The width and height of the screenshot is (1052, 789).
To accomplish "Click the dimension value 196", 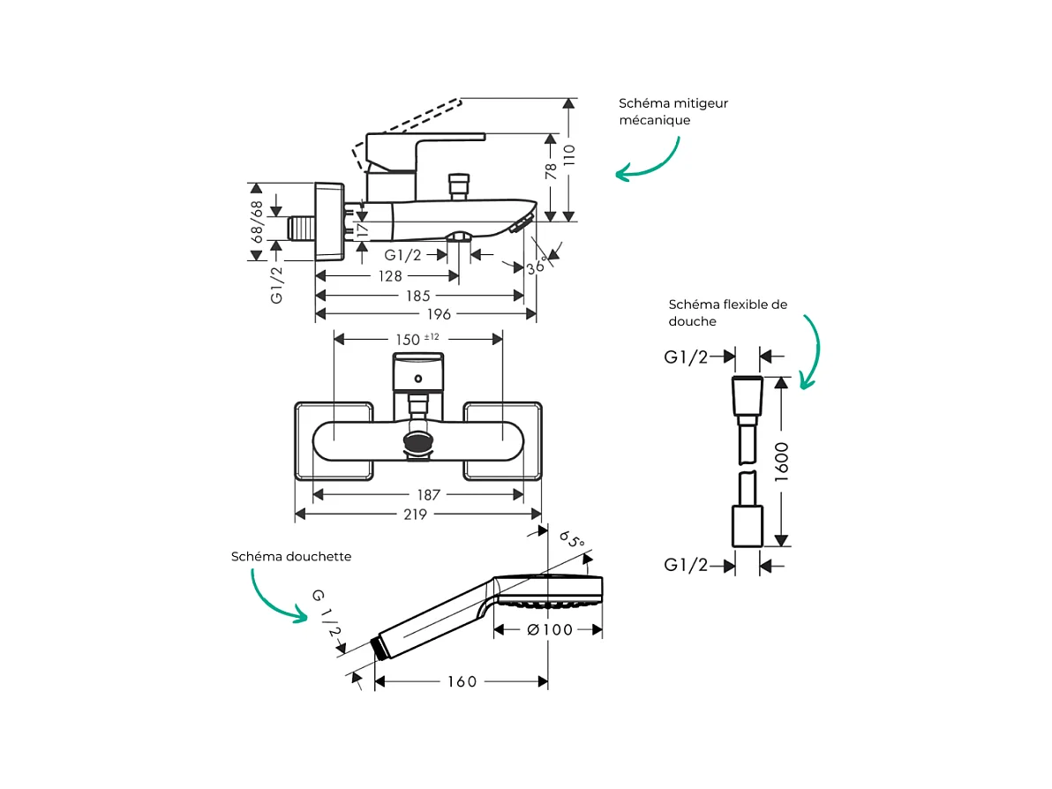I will coord(439,314).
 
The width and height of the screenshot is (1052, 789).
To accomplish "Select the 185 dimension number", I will coord(417,296).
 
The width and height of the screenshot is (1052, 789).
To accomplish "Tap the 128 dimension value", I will coord(390,276).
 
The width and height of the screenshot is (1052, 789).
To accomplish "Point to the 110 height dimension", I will coord(569,157).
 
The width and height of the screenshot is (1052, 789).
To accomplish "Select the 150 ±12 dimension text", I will coord(417,339).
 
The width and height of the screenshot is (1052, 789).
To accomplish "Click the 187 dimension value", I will coord(428,496).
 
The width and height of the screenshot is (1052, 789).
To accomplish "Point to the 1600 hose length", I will coord(780,461).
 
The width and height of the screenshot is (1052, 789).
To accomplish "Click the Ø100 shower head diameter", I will coord(549,629).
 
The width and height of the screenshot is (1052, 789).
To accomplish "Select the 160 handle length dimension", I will coord(461,681).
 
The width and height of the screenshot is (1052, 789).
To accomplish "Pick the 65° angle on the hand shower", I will coord(573,539).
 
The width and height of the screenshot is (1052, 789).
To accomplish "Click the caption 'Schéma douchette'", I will coord(291,557).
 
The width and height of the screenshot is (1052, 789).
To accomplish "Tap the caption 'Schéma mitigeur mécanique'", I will coord(673,112).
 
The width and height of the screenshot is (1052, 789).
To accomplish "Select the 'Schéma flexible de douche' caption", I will coord(727,313).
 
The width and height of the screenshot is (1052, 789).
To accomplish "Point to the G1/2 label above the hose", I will coord(686,357).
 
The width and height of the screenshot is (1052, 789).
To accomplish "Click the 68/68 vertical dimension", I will coord(257,222).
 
